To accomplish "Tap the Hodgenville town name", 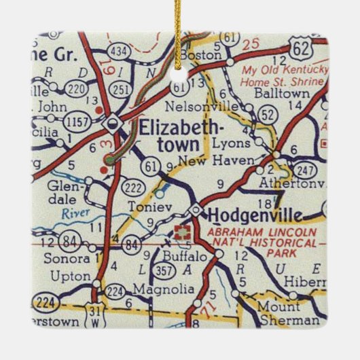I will point(254,215).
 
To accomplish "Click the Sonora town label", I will point(67,259).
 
